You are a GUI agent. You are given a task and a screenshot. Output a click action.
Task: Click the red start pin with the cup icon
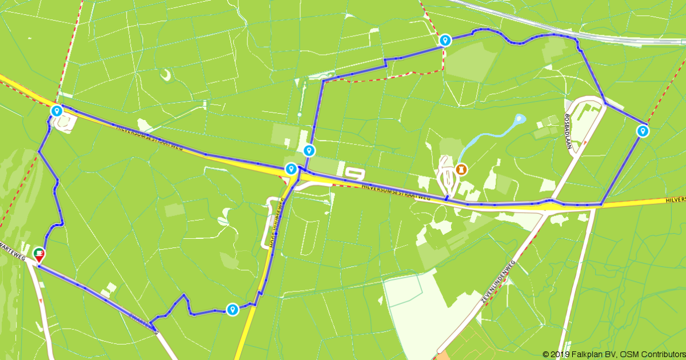[x=39, y=255]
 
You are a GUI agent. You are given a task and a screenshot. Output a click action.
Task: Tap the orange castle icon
[x=461, y=169]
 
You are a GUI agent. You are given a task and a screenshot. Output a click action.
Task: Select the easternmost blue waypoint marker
[x=643, y=131]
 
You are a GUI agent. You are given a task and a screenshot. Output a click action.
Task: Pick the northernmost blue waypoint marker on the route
[x=445, y=40]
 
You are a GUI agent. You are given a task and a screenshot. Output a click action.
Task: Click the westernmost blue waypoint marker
[x=56, y=110]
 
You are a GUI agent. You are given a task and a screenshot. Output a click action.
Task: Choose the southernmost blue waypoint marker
[x=232, y=309]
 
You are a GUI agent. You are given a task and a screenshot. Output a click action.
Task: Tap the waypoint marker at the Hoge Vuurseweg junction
[x=291, y=169]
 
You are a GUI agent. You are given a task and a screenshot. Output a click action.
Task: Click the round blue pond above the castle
[x=519, y=119]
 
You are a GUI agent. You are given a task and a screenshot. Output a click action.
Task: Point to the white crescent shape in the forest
[x=165, y=75]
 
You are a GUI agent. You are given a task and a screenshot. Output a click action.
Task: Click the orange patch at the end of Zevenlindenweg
[x=443, y=355]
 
